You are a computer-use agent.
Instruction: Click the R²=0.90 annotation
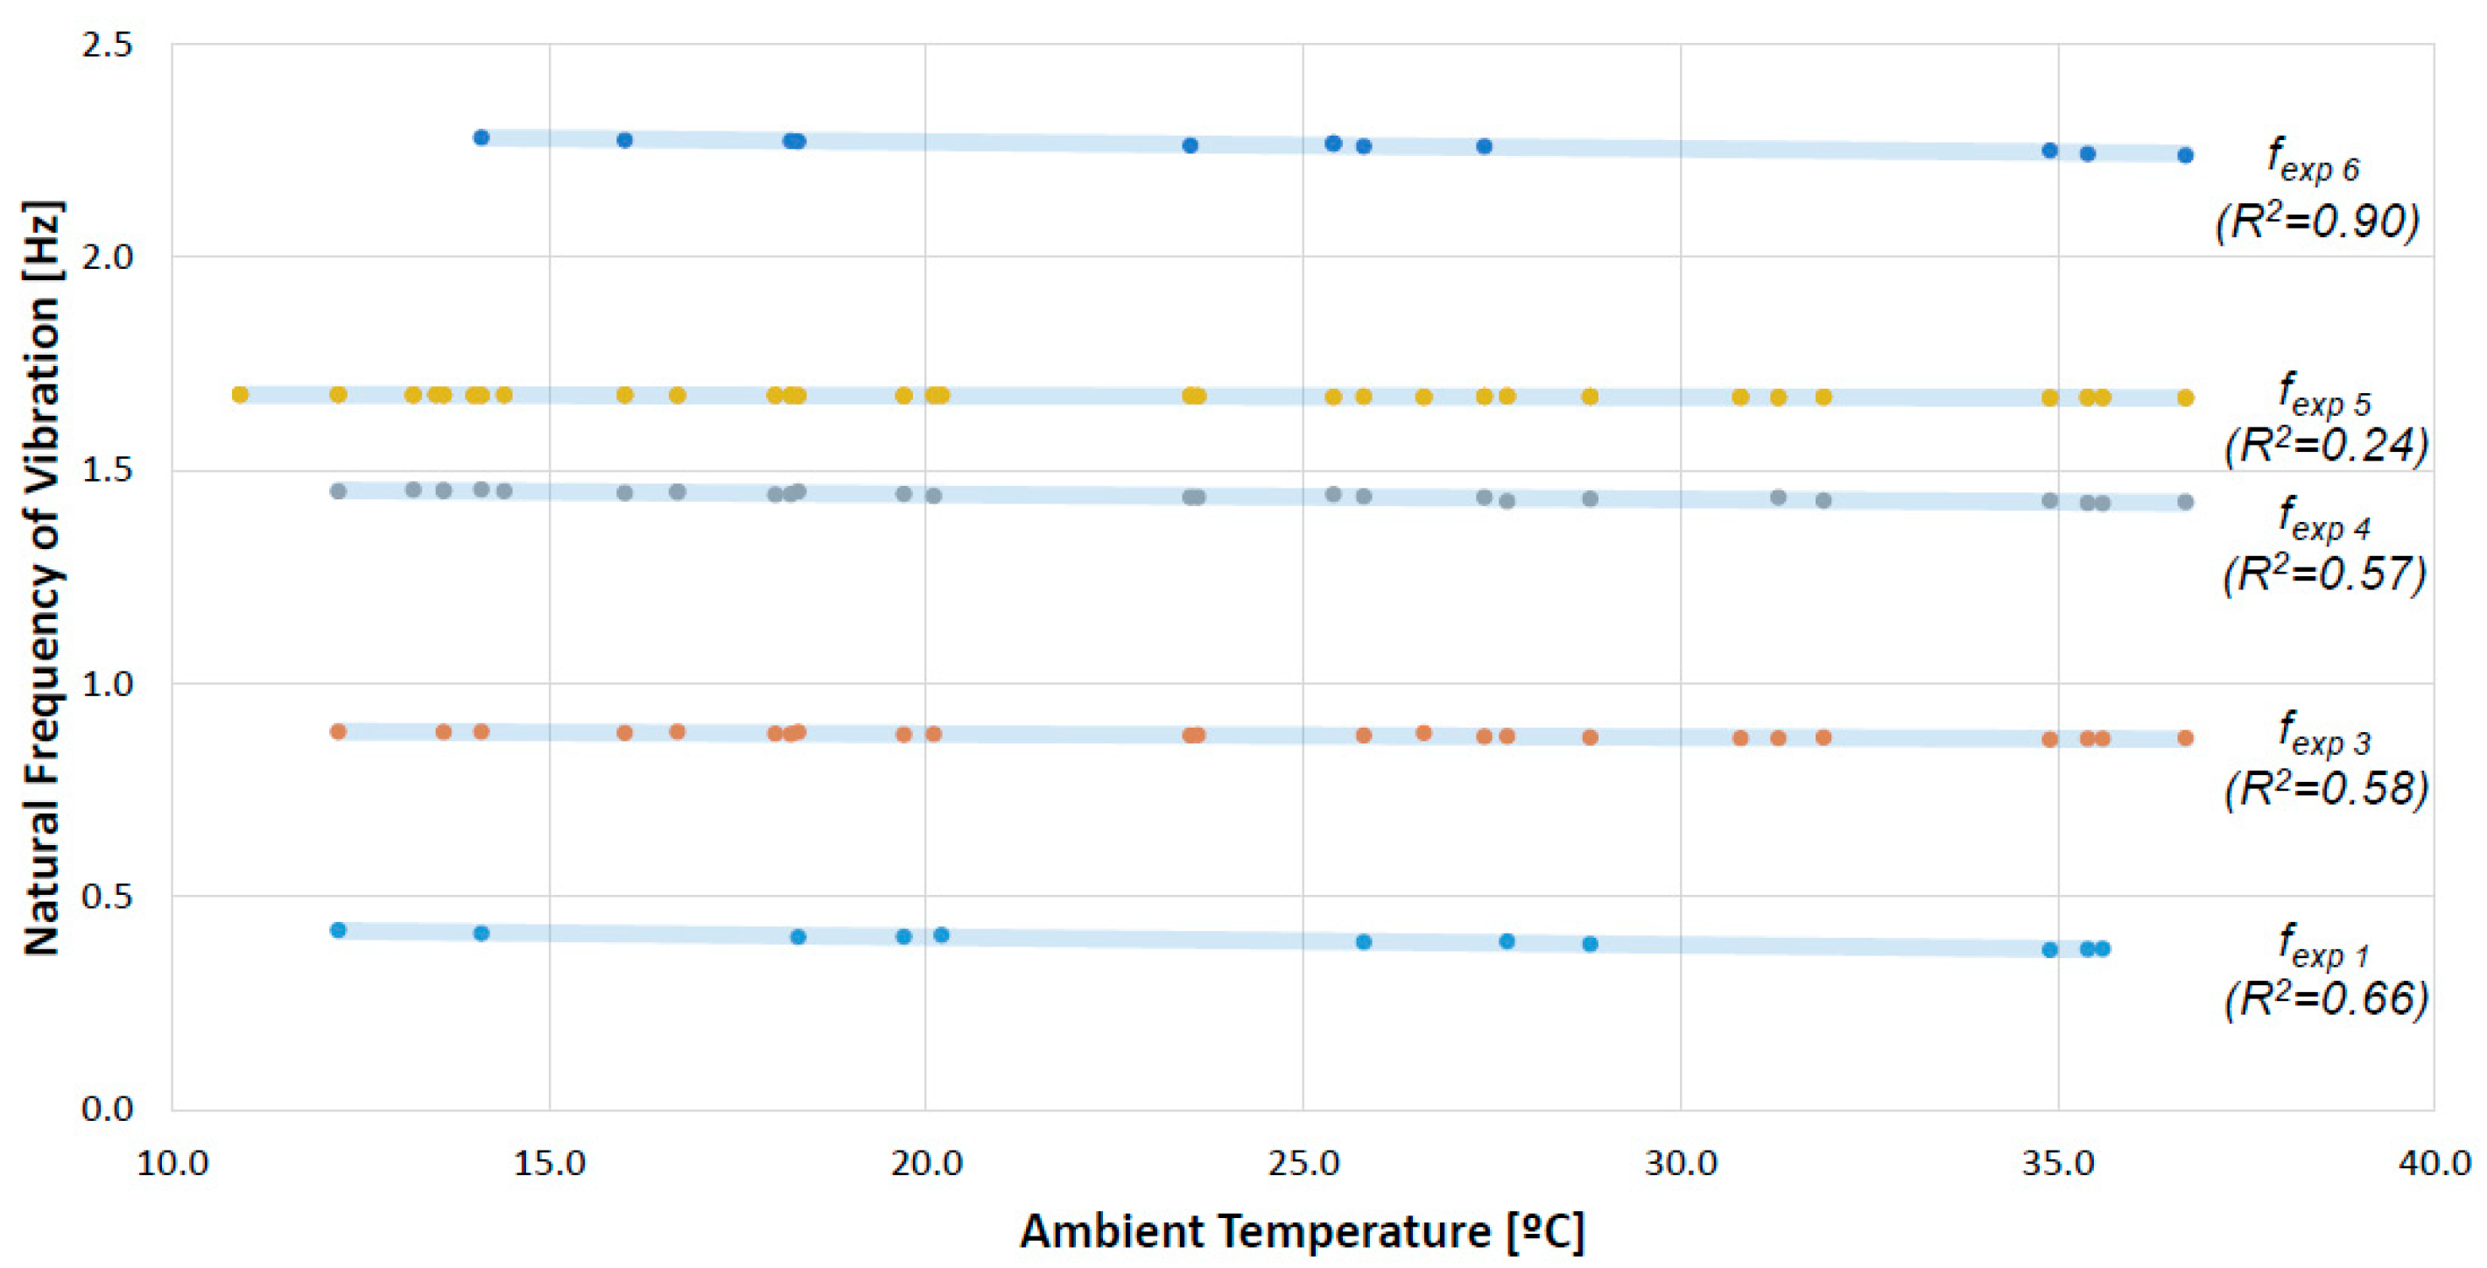coord(2317,222)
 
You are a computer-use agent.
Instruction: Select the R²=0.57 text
coord(2324,574)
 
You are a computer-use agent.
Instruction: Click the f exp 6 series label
coord(2312,160)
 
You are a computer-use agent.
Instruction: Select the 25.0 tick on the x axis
coord(1303,1163)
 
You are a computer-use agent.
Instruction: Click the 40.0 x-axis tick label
coord(2434,1163)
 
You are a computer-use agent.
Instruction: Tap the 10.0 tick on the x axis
coord(172,1163)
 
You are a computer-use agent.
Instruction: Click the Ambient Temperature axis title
coord(1302,1231)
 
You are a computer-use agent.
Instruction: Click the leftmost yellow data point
coord(241,394)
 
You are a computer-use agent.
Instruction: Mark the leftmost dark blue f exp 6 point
coord(481,137)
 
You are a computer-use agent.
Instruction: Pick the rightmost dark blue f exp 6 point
coord(2185,154)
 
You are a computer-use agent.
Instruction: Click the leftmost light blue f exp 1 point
coord(338,930)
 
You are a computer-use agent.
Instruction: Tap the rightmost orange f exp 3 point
coord(2185,738)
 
